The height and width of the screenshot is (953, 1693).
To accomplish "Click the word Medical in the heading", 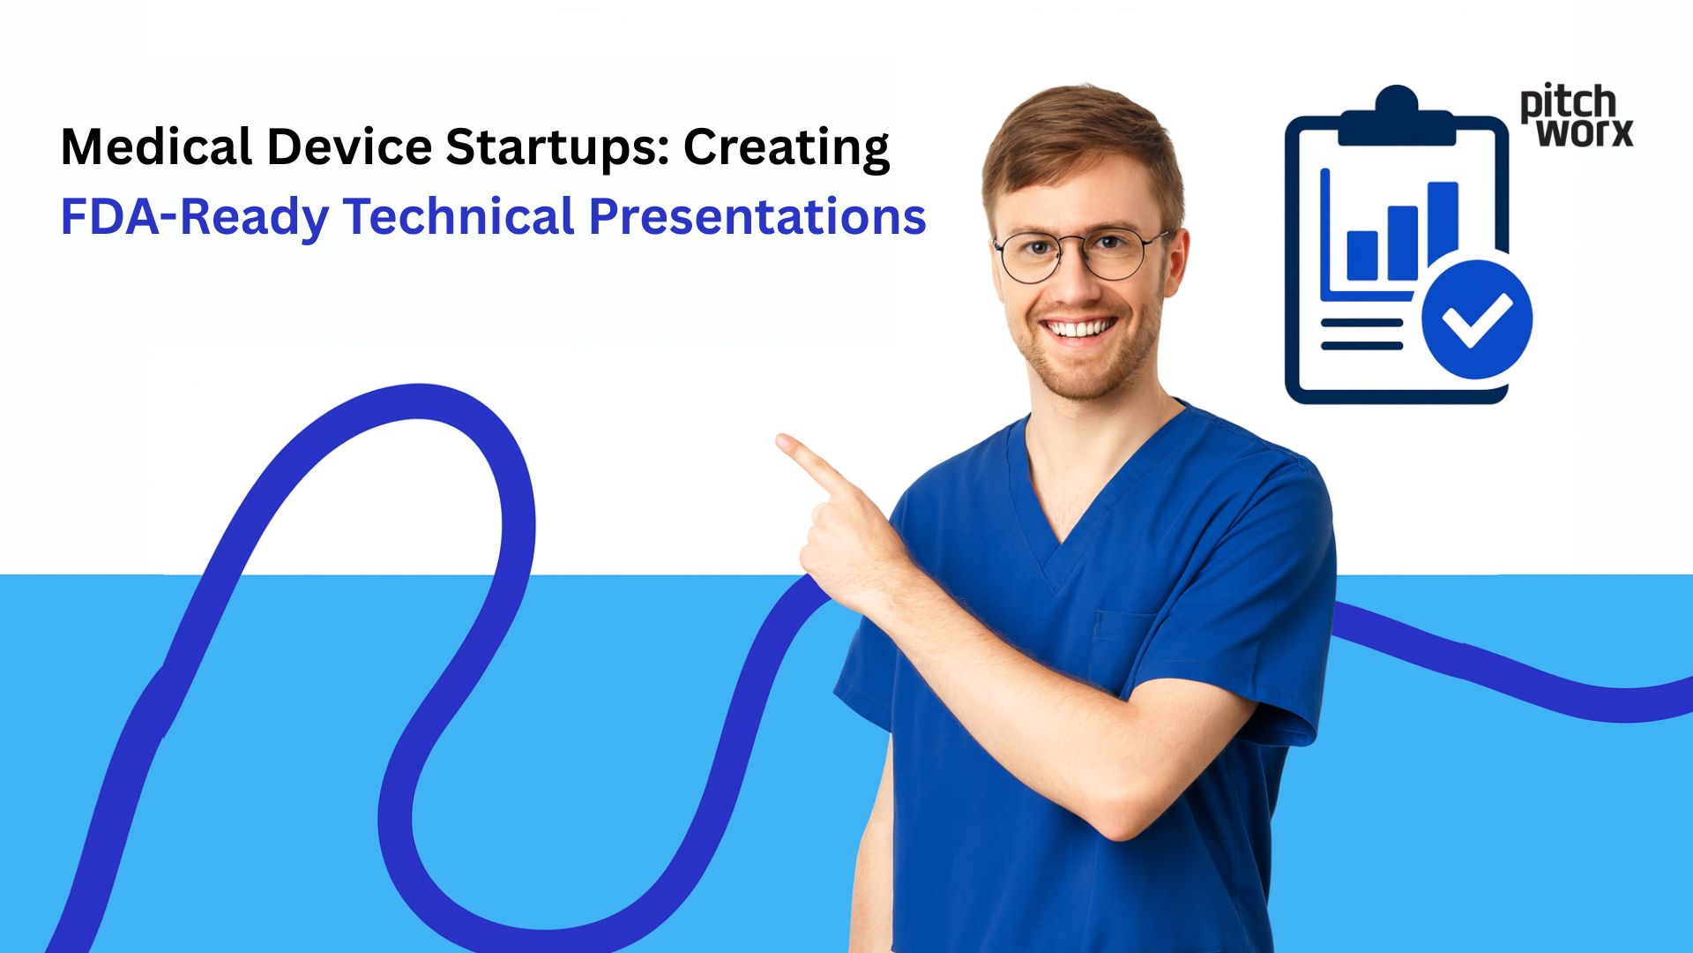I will point(156,147).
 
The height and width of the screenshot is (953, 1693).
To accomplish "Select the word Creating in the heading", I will point(786,147).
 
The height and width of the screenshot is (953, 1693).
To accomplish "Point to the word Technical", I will point(459,217).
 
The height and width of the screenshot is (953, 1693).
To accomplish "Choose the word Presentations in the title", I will point(757,217).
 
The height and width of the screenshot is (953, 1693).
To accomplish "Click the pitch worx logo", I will point(1576,116).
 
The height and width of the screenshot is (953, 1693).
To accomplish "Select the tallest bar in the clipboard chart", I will point(1443,225).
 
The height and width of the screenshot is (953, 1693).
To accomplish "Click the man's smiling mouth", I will point(1079,329).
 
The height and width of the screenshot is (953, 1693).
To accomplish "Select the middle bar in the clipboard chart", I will point(1403,242).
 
